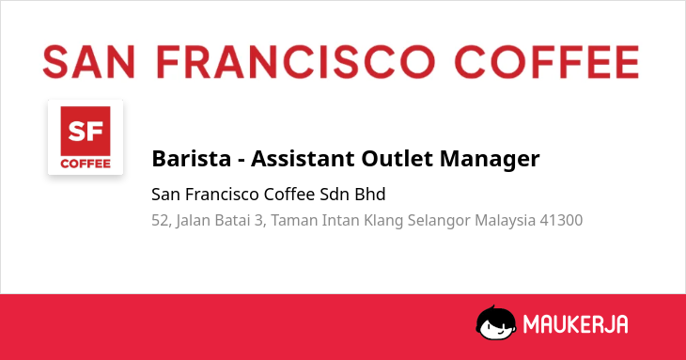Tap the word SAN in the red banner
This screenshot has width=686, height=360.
click(x=88, y=62)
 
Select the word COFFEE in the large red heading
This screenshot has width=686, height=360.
click(x=547, y=62)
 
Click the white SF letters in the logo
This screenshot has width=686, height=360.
click(x=86, y=132)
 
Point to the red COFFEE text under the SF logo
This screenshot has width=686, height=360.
click(x=86, y=164)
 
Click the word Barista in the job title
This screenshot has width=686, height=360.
click(x=191, y=158)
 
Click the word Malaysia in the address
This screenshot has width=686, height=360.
click(x=506, y=221)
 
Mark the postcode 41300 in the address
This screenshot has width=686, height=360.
click(x=561, y=221)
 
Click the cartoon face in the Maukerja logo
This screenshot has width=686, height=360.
click(x=495, y=322)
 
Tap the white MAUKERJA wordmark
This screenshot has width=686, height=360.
click(x=576, y=324)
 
